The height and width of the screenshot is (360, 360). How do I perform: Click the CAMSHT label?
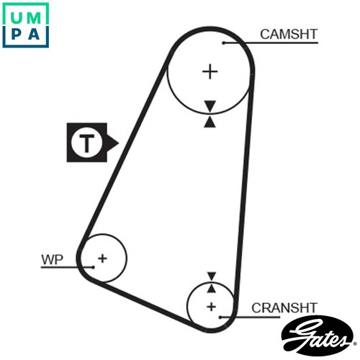pyautogui.click(x=289, y=35)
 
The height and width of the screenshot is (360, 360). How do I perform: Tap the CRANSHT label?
pyautogui.click(x=284, y=308)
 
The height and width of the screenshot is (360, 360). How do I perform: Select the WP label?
pyautogui.click(x=52, y=259)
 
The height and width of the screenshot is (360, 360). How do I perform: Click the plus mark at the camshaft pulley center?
pyautogui.click(x=210, y=71)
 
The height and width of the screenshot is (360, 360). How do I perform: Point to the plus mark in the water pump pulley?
pyautogui.click(x=102, y=258)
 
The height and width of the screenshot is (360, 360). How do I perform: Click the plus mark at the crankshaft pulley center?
pyautogui.click(x=211, y=307)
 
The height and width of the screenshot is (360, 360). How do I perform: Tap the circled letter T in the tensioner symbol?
pyautogui.click(x=86, y=143)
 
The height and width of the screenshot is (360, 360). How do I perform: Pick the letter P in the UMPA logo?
pyautogui.click(x=16, y=34)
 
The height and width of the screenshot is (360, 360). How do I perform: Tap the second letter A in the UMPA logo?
pyautogui.click(x=34, y=34)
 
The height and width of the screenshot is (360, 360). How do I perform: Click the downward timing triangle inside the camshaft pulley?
pyautogui.click(x=210, y=106)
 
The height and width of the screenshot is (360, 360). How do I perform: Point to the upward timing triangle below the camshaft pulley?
pyautogui.click(x=210, y=122)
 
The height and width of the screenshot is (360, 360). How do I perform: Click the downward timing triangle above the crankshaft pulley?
pyautogui.click(x=212, y=276)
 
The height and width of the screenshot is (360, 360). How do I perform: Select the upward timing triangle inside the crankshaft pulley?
pyautogui.click(x=211, y=289)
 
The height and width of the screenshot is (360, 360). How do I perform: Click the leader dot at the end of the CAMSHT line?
pyautogui.click(x=223, y=43)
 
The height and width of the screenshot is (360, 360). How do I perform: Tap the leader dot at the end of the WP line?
pyautogui.click(x=93, y=267)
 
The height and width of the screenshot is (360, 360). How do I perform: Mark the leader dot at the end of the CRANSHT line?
pyautogui.click(x=220, y=318)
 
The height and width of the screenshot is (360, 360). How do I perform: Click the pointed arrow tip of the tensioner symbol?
pyautogui.click(x=119, y=143)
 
